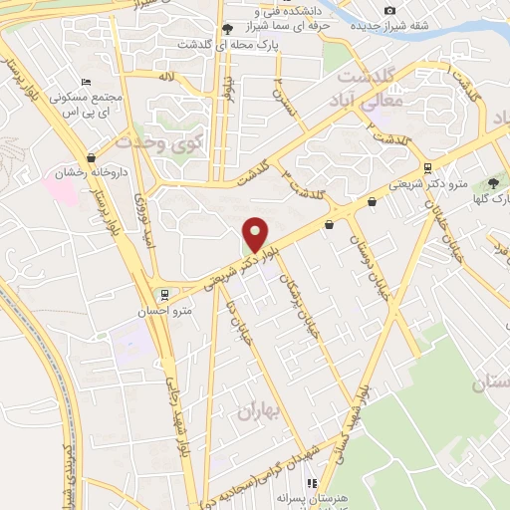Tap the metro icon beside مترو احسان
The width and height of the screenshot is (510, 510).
(164, 294)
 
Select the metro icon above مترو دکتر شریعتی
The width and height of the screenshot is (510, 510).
(427, 168)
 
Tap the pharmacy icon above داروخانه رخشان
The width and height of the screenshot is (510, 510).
(92, 156)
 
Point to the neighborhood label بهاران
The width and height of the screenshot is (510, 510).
(256, 410)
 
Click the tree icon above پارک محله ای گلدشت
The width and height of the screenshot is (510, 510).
(229, 29)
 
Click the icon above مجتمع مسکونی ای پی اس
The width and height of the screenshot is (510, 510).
(86, 82)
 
